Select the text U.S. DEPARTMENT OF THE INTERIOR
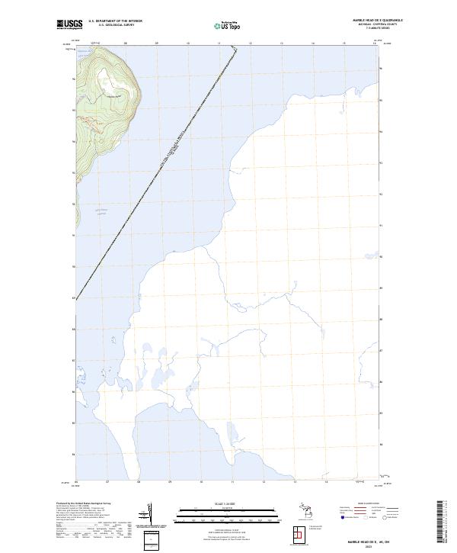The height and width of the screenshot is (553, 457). (x=115, y=21)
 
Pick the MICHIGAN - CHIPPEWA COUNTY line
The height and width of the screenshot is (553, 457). (x=357, y=25)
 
